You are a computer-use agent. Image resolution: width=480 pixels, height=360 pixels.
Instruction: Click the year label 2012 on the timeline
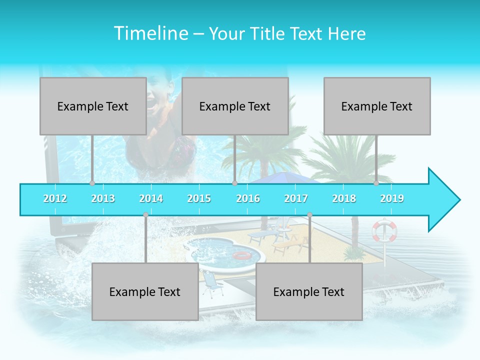55,198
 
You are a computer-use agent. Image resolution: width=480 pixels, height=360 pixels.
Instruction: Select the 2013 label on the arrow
103,198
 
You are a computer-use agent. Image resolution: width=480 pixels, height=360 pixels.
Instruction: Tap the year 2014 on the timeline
151,198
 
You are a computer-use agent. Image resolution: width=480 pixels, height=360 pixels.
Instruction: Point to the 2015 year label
199,198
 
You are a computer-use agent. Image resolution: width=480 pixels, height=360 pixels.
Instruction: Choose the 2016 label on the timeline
248,198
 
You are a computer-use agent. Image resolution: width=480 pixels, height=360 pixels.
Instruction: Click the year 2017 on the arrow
296,198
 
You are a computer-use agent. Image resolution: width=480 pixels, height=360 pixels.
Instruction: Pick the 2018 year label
344,198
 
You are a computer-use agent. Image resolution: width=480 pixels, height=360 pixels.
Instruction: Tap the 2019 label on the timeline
392,198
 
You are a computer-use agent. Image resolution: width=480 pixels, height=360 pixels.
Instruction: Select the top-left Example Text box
93,106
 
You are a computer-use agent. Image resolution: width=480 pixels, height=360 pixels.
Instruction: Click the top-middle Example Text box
235,106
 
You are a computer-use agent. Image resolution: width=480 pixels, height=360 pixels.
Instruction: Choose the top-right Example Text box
377,106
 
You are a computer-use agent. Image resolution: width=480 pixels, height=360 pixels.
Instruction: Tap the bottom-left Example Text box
145,291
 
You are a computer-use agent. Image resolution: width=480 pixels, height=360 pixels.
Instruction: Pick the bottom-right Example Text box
309,291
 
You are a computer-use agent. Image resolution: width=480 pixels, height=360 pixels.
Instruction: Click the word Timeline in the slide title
150,33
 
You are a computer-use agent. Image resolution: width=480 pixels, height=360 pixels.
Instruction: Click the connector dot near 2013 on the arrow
92,183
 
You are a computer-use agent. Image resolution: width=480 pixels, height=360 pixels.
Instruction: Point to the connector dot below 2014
145,214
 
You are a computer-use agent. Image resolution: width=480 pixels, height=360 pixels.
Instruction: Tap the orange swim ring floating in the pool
242,255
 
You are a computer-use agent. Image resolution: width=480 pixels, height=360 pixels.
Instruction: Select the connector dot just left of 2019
376,183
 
